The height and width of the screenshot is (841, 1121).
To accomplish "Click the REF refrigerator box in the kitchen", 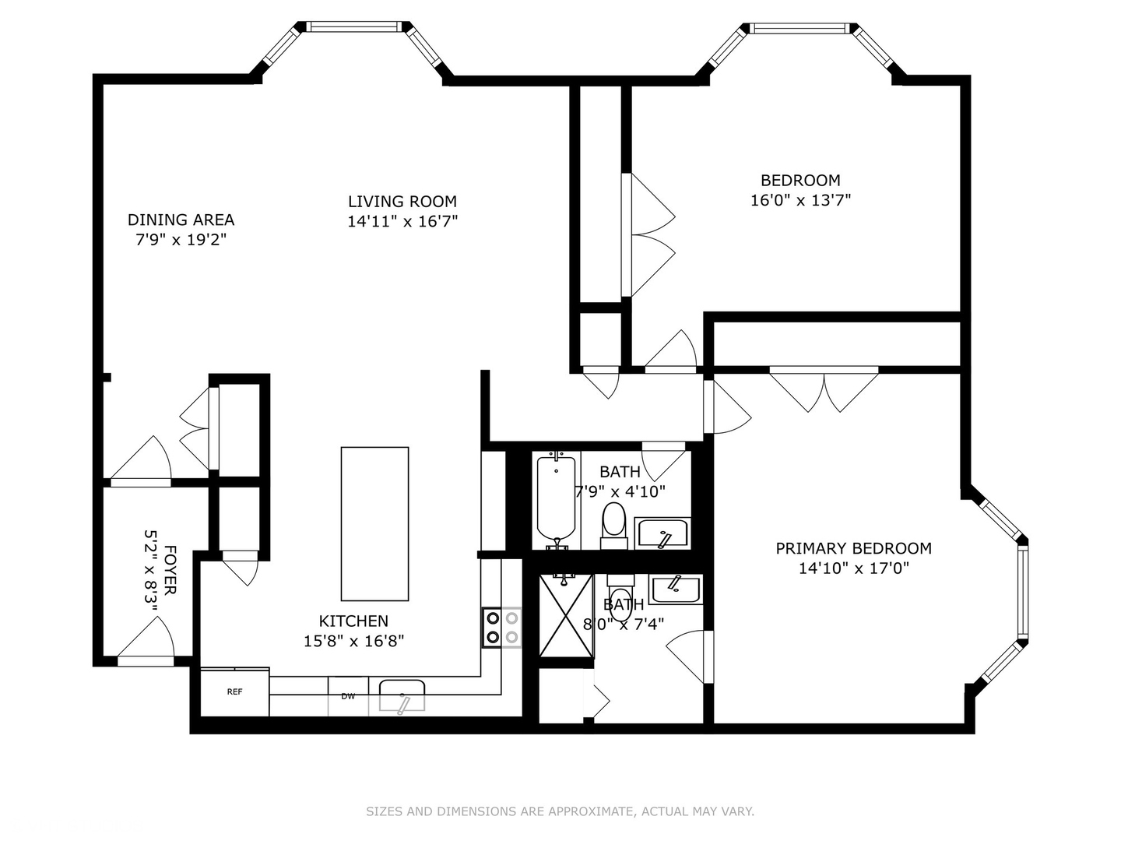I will tap(234, 691).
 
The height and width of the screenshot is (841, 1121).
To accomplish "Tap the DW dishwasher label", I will tap(348, 696).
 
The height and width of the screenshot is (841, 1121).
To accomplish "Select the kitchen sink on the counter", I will tap(402, 695).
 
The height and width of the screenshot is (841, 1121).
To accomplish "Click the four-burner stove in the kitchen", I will tap(501, 628).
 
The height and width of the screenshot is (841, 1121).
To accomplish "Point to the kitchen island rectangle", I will tap(374, 523).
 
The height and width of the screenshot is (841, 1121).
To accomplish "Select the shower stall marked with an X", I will tap(565, 615).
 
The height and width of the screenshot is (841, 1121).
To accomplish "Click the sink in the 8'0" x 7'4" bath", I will tap(676, 589).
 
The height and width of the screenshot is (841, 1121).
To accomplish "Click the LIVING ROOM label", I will tap(402, 201).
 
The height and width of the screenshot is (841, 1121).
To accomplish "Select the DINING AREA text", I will tap(181, 220).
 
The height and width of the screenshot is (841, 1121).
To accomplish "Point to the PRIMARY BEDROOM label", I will tap(853, 548).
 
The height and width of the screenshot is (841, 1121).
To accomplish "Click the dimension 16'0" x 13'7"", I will tap(800, 200).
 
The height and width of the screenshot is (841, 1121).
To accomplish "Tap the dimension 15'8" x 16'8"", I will tap(353, 641).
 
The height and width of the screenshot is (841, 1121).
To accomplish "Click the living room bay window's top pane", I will tap(355, 26).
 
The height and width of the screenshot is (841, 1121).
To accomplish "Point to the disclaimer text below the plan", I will tap(560, 811).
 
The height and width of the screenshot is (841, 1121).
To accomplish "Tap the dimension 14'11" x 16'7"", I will tap(402, 221).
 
